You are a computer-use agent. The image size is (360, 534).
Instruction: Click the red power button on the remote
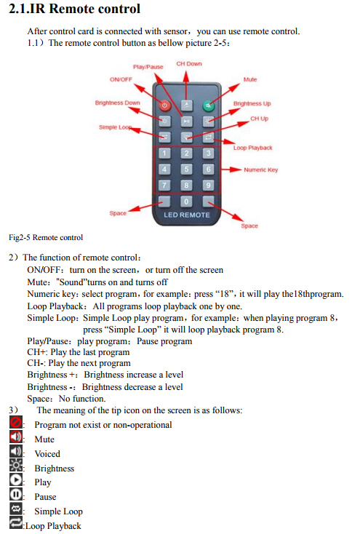point(164,105)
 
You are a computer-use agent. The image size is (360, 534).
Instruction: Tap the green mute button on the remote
point(209,105)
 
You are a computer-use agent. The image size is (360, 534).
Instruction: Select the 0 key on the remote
point(186,202)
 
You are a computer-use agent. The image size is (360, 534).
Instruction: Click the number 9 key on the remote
point(209,186)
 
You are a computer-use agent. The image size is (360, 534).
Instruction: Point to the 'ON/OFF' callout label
point(121,79)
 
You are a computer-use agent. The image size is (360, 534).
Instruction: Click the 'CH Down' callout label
point(189,64)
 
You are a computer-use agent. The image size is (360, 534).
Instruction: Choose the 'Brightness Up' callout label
point(252,103)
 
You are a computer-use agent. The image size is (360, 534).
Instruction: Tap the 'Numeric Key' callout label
point(261,170)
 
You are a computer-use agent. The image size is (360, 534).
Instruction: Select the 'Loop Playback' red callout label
point(252,148)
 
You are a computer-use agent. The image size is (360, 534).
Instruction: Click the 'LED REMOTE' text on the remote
point(187,215)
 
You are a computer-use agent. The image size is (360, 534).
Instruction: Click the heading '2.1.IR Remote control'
point(74,9)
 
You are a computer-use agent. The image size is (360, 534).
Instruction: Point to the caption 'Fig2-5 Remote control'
point(46,237)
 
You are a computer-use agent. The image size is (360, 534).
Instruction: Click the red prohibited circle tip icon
point(16,422)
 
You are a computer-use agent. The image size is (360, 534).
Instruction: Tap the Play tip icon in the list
point(16,479)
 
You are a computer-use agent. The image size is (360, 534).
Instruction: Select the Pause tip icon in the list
point(16,494)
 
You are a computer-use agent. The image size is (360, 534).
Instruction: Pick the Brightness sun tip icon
point(16,465)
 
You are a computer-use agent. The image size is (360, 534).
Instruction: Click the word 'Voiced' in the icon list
point(47,454)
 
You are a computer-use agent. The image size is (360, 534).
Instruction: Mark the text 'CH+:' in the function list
point(38,352)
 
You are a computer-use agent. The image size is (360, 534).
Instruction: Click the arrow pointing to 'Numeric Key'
point(231,170)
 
